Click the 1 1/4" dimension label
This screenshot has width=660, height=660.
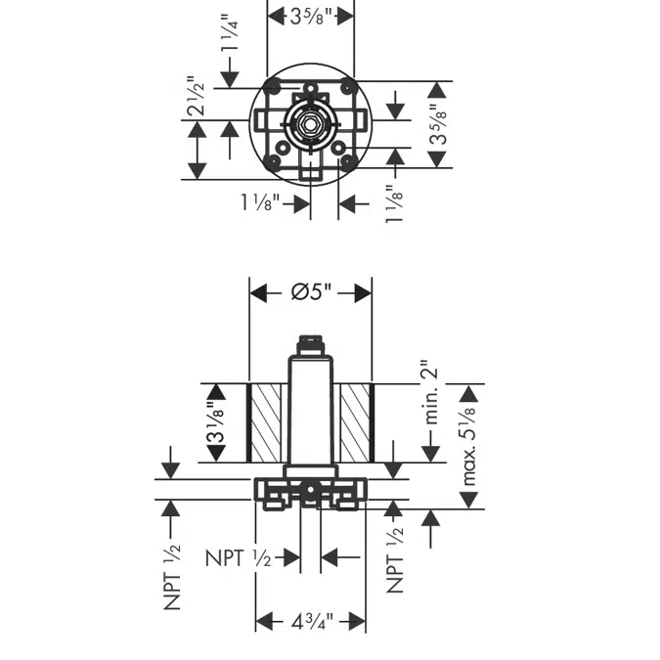(230, 33)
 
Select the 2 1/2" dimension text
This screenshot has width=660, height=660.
(197, 96)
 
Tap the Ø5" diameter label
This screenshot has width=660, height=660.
(312, 291)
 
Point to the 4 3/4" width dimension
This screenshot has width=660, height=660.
(312, 621)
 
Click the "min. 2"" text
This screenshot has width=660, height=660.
(431, 392)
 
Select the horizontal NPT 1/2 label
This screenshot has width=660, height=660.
(239, 558)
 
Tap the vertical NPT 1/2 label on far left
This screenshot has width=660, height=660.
(172, 578)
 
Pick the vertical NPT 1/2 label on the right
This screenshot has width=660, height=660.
(395, 560)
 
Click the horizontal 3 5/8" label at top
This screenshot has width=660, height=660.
(312, 17)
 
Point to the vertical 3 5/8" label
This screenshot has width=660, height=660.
(438, 124)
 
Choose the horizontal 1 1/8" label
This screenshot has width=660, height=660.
(260, 202)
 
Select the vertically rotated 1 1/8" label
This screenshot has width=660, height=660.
(395, 203)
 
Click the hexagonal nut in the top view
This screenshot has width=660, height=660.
(310, 124)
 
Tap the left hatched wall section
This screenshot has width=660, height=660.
(263, 422)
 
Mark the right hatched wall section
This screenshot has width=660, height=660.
(357, 422)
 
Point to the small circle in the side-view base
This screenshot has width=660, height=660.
(311, 490)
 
